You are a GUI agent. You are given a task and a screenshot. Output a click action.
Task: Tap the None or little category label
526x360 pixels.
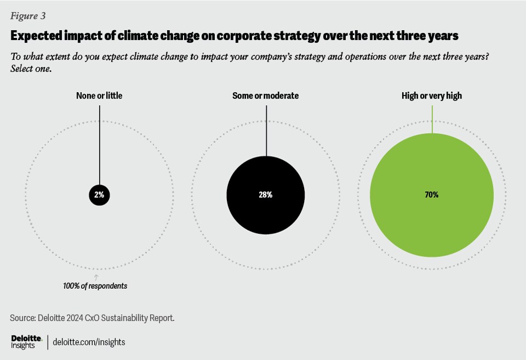(x=99, y=96)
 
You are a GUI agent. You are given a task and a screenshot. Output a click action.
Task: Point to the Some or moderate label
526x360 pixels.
(x=266, y=96)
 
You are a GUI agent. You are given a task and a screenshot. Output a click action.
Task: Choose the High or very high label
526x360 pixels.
(x=432, y=96)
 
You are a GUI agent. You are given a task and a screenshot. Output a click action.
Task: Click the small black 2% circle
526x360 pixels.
(x=100, y=195)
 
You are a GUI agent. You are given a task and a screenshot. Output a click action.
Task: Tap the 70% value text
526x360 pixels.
(x=432, y=195)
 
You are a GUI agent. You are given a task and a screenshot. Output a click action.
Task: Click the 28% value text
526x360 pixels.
(x=266, y=195)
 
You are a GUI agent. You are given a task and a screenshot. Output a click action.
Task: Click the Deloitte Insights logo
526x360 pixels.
(x=26, y=342)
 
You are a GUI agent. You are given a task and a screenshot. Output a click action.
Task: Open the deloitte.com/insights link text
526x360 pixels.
(x=89, y=342)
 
